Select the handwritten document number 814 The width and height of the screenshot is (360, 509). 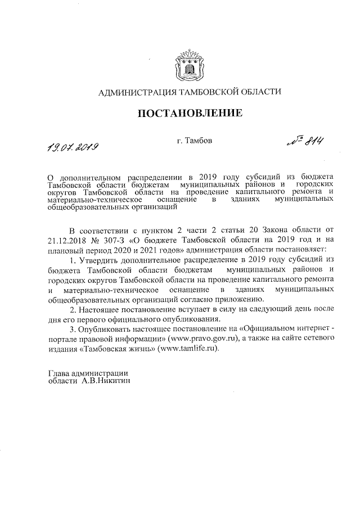pyautogui.click(x=303, y=145)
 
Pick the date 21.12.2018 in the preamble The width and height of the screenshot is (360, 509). pyautogui.click(x=67, y=240)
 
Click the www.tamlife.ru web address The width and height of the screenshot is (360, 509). pyautogui.click(x=187, y=348)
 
